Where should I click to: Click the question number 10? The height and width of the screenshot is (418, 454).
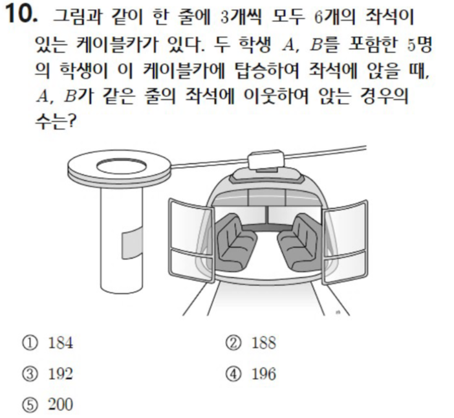[21, 14]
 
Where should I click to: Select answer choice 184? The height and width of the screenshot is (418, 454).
[61, 343]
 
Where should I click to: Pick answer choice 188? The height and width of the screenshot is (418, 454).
[264, 343]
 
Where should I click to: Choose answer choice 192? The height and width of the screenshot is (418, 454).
[61, 374]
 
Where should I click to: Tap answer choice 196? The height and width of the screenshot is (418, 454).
[264, 374]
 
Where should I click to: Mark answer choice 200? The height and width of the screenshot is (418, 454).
[61, 404]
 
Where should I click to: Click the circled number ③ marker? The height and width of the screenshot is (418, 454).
[30, 374]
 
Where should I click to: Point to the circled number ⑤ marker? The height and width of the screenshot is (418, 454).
[30, 404]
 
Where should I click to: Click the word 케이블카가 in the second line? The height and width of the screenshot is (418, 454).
[117, 45]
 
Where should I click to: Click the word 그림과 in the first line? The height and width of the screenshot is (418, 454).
[77, 17]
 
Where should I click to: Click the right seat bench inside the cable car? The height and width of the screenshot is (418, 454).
[299, 242]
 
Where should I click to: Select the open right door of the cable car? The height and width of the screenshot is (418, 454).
[345, 241]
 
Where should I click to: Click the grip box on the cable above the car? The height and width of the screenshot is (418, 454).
[265, 159]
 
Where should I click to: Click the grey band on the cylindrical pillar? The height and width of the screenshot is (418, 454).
[132, 242]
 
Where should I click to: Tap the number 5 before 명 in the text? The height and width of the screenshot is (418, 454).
[411, 45]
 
